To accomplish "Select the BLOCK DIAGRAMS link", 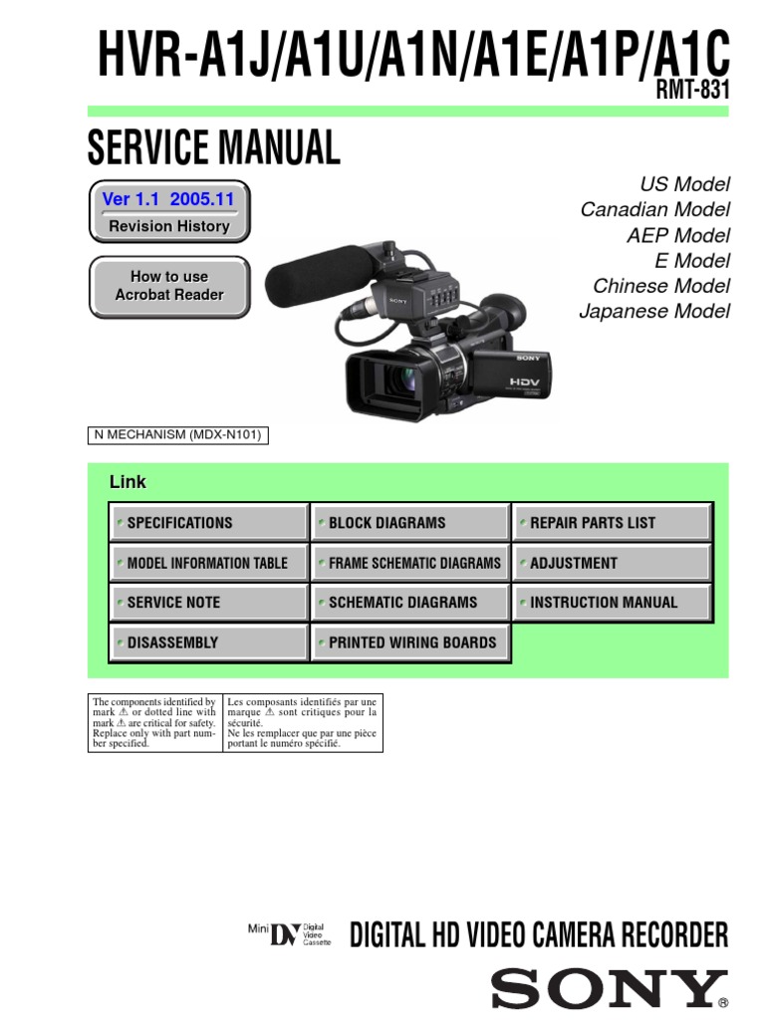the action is point(409,523).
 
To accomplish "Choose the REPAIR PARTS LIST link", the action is point(612,523).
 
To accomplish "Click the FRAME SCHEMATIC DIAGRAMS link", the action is point(409,563).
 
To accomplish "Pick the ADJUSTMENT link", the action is point(612,563).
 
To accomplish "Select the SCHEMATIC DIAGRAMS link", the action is point(409,603).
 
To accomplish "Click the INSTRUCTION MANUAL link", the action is point(612,603).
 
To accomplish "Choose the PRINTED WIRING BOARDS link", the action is point(409,642).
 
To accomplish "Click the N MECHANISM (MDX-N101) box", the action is point(179,435).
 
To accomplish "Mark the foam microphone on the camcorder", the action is point(316,266).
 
